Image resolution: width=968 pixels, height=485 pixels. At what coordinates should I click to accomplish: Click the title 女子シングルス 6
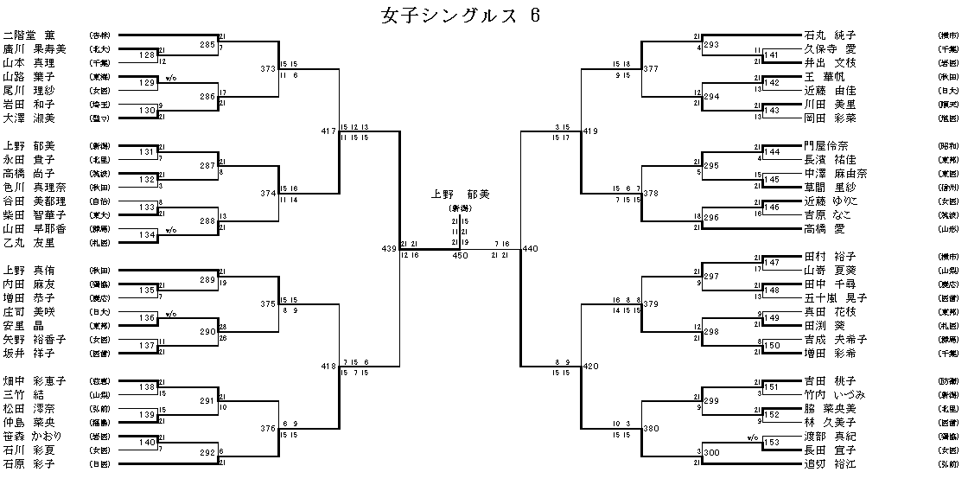click(462, 16)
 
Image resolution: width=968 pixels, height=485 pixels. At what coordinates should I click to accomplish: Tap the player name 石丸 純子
click(830, 35)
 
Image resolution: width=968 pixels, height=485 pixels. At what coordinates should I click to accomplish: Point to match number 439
click(387, 249)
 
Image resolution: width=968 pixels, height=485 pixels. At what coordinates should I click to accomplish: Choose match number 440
click(530, 249)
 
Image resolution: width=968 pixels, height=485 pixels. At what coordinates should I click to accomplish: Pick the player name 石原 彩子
click(29, 463)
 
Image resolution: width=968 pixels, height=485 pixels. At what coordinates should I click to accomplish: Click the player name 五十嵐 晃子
click(835, 297)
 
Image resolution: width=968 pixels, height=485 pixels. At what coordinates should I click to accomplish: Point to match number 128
click(146, 56)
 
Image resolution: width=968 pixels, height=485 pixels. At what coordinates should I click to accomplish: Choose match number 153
click(771, 443)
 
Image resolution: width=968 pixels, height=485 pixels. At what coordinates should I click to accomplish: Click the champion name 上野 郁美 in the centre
click(460, 195)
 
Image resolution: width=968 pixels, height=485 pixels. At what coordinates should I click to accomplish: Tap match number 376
click(268, 429)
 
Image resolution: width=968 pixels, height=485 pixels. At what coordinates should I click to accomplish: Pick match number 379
click(650, 304)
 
